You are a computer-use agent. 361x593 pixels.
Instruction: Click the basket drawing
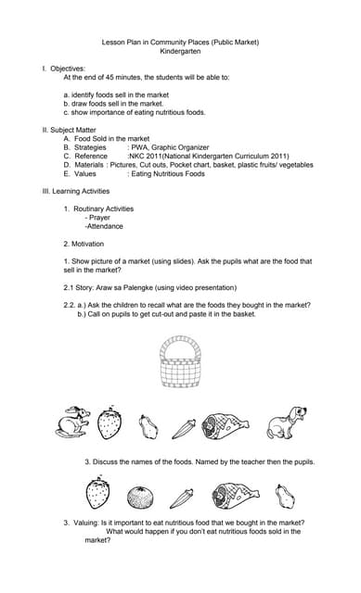click(181, 362)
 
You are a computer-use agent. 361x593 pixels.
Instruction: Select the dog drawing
click(287, 423)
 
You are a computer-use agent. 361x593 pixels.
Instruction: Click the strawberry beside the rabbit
click(110, 423)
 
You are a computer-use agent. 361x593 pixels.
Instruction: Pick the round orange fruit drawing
click(141, 494)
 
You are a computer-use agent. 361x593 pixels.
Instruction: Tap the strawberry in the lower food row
click(97, 493)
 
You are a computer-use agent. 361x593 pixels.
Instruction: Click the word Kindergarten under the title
click(180, 52)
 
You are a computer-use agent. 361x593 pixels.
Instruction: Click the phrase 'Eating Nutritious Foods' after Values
click(167, 173)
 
